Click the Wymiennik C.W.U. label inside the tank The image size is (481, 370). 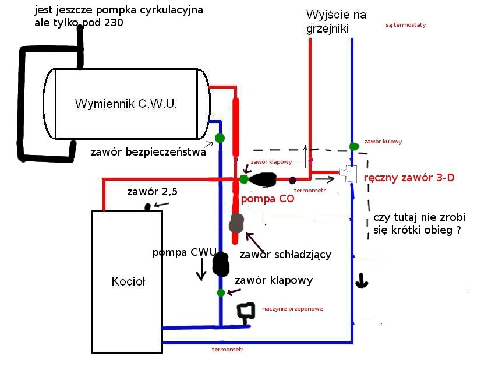126,104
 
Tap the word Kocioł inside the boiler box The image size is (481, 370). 128,282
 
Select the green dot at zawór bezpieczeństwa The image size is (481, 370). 220,138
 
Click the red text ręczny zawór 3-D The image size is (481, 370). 408,178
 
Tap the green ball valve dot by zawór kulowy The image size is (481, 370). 353,146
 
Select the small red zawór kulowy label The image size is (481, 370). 383,142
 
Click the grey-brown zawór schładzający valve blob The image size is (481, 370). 236,223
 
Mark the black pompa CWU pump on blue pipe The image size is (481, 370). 221,264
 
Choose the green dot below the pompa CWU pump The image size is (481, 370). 221,293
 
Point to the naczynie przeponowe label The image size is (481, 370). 292,309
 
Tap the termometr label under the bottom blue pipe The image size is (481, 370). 228,350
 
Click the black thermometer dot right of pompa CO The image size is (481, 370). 292,180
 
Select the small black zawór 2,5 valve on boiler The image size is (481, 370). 148,206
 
